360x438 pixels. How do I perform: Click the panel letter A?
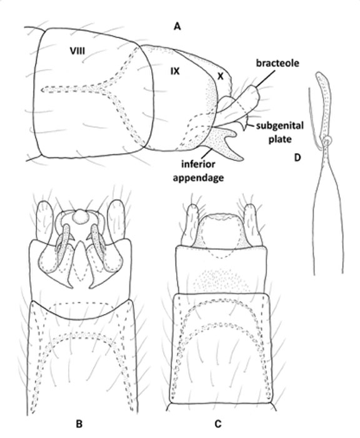[x=177, y=26]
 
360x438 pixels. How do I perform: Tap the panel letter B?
[x=79, y=424]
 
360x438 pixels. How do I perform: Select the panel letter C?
[x=217, y=424]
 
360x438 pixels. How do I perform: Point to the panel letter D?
[x=297, y=158]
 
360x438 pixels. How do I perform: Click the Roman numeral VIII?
[x=77, y=51]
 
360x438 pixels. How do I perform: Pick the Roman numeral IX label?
[x=175, y=71]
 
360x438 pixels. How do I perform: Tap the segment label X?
[x=221, y=76]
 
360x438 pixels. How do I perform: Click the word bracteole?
[x=277, y=63]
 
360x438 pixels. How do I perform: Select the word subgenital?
[x=279, y=126]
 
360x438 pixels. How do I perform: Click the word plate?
[x=279, y=139]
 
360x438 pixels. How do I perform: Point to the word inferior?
[x=198, y=164]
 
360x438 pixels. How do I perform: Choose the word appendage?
[x=198, y=178]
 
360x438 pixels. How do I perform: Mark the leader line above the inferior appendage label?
[x=208, y=153]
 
